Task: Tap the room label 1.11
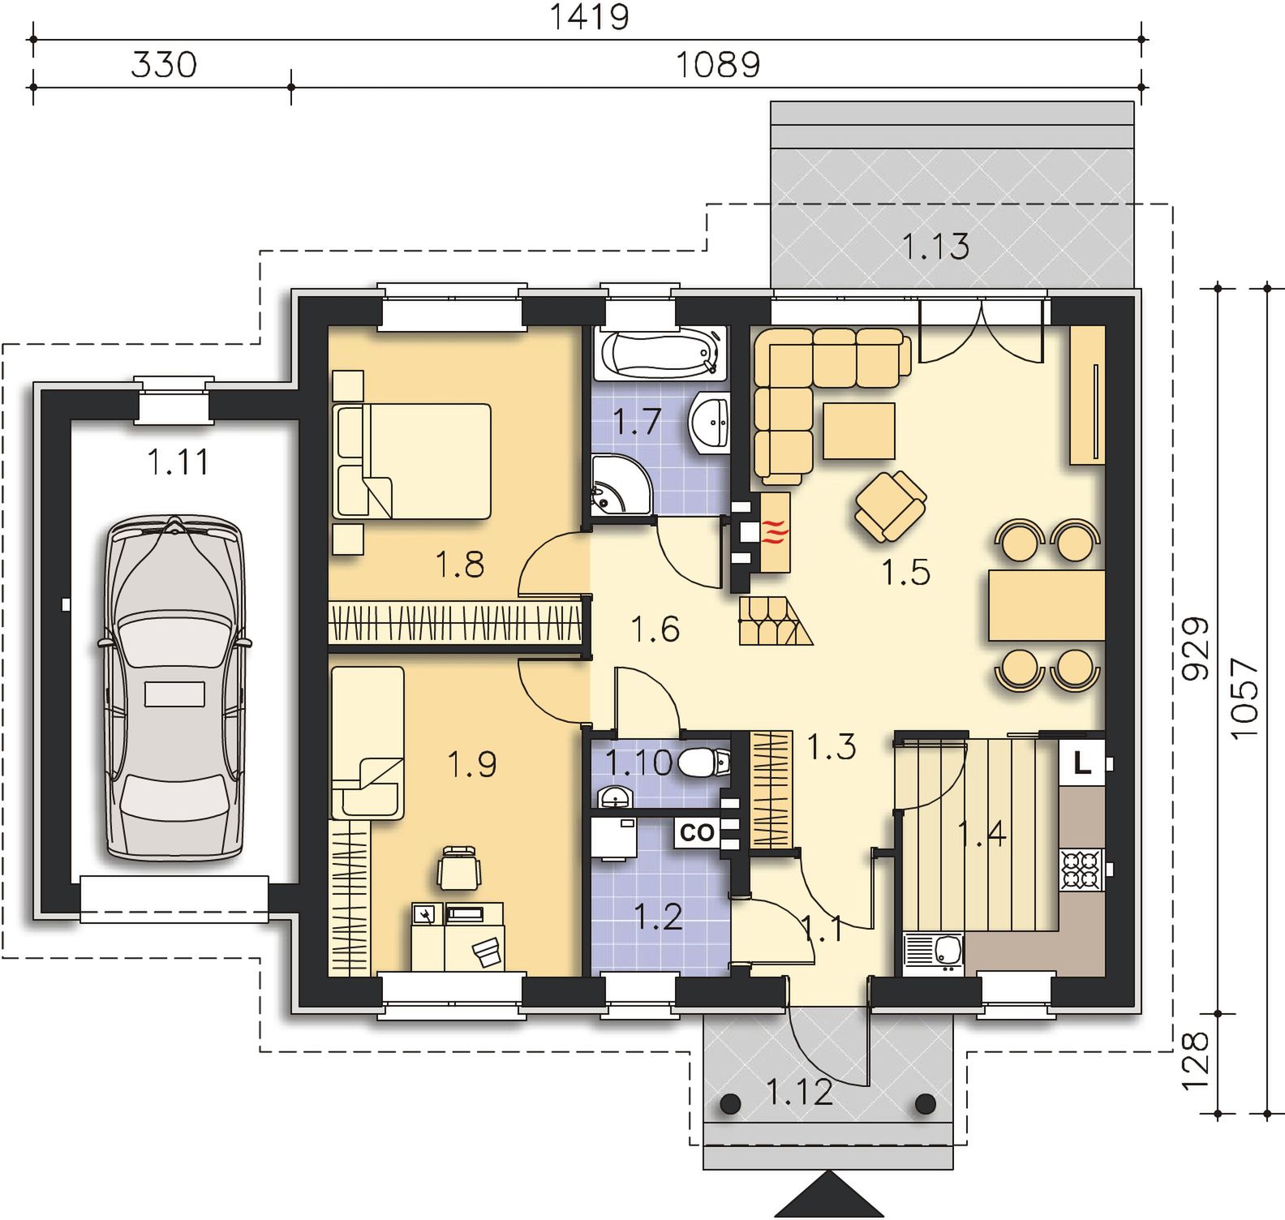click(x=178, y=462)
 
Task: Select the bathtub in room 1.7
click(x=660, y=354)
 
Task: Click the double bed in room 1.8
click(x=411, y=461)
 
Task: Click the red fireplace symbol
click(x=774, y=532)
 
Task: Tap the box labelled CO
click(x=696, y=832)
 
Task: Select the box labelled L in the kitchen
click(x=1082, y=762)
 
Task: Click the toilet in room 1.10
click(x=703, y=762)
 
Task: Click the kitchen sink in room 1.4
click(x=934, y=953)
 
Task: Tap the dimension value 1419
click(x=589, y=17)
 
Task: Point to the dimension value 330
click(x=164, y=64)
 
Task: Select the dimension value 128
click(x=1196, y=1063)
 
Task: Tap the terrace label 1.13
click(x=936, y=246)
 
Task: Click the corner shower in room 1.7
click(x=619, y=484)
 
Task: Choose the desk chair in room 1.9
click(x=459, y=867)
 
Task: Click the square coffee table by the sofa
click(x=859, y=431)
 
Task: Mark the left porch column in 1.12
click(x=730, y=1103)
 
